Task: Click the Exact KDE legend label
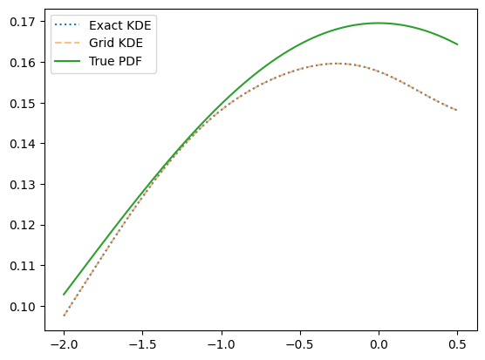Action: [x=120, y=25]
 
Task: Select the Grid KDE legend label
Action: [x=116, y=43]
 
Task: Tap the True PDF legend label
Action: [x=115, y=61]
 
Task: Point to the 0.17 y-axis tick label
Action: [x=23, y=22]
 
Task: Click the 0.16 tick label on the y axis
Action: [x=23, y=63]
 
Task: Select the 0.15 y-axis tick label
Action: [x=23, y=104]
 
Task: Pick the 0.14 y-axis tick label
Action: [x=23, y=144]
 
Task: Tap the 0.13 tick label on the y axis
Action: [x=23, y=185]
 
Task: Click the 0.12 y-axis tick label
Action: [x=23, y=225]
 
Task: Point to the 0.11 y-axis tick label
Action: [x=23, y=266]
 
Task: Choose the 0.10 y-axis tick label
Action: [x=23, y=307]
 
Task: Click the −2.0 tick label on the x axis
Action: [x=64, y=344]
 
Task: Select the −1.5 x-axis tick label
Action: [x=142, y=344]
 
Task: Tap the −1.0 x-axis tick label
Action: [x=222, y=344]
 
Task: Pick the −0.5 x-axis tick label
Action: [x=300, y=344]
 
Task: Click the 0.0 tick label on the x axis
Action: [x=379, y=344]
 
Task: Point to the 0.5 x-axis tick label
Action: [x=457, y=344]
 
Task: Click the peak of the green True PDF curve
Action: [x=378, y=23]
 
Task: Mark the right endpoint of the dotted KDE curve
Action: [x=457, y=110]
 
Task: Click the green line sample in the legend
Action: [x=67, y=61]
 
